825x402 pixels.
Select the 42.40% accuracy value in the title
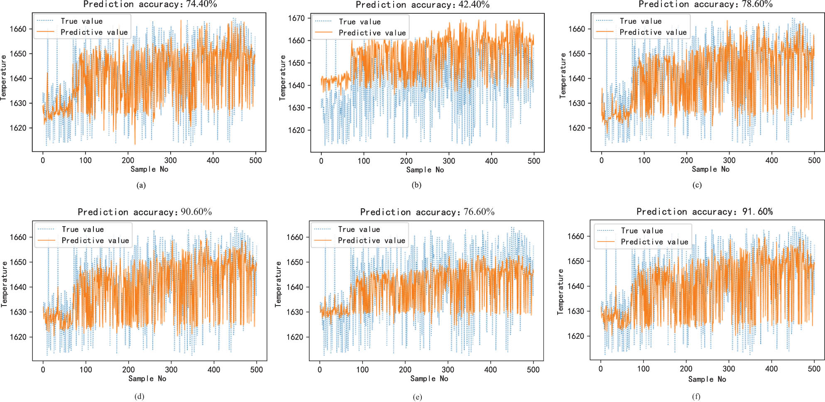pos(474,5)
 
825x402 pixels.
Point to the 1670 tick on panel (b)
pos(296,18)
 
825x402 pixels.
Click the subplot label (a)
pos(141,185)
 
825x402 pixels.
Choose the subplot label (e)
pos(417,397)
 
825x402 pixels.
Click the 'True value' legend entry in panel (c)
pos(640,21)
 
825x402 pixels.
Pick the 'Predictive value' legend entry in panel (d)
pos(95,240)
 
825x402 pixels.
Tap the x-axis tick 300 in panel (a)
pos(170,160)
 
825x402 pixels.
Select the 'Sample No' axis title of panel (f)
pos(707,379)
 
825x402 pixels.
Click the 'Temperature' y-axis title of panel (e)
pos(278,284)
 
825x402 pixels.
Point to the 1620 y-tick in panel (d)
pos(18,337)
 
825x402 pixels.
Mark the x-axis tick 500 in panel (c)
pos(814,160)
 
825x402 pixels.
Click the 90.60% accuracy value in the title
pos(196,212)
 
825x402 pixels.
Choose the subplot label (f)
pos(696,397)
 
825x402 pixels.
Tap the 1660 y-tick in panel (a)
pos(18,29)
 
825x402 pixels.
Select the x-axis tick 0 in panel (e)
pos(319,369)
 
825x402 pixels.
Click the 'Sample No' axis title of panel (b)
pos(425,170)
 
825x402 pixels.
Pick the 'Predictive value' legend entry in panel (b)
pos(372,33)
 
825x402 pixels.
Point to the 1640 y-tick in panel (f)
pos(575,286)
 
